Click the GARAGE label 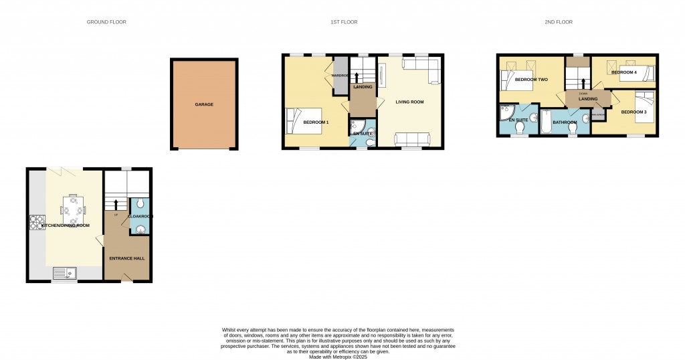pos(204,104)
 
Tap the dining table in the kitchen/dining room pos(74,209)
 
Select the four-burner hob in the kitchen pos(36,222)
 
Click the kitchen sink pos(66,272)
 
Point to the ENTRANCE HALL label pos(127,258)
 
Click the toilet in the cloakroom pos(140,204)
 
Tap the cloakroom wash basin pos(140,231)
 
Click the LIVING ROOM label pos(409,102)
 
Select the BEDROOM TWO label pos(531,80)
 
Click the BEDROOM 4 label pos(624,72)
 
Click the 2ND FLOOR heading pos(559,22)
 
